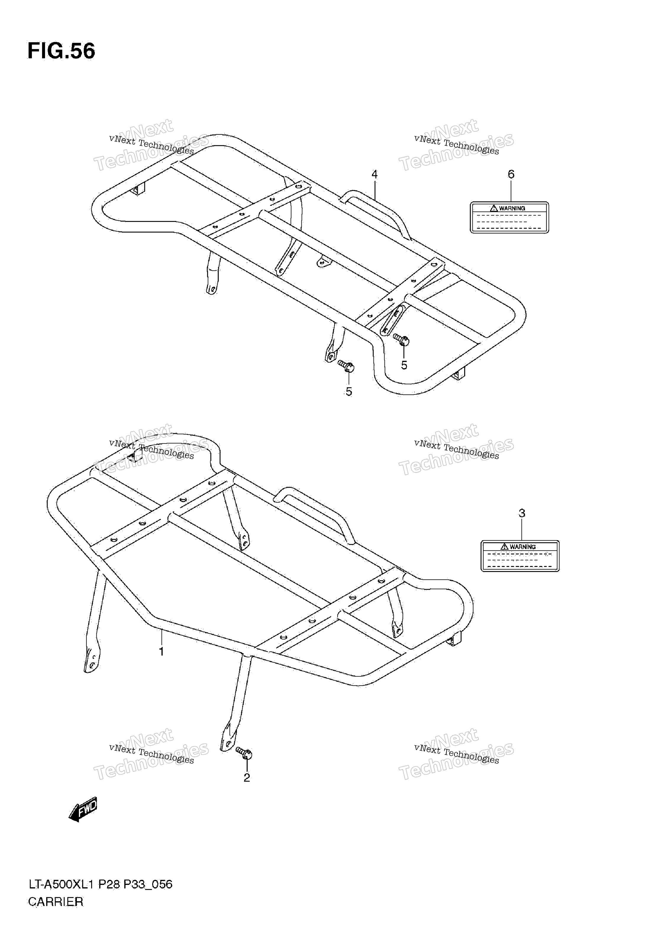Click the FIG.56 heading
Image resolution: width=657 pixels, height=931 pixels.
pyautogui.click(x=61, y=51)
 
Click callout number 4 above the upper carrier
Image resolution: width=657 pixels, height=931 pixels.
pyautogui.click(x=374, y=174)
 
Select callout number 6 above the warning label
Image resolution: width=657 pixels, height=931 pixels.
pyautogui.click(x=511, y=174)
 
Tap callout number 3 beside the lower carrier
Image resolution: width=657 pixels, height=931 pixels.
pyautogui.click(x=522, y=513)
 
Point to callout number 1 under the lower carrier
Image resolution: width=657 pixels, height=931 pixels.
pyautogui.click(x=161, y=652)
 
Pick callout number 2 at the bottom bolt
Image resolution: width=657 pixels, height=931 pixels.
pyautogui.click(x=247, y=778)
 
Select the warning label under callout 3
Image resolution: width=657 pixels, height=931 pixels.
pyautogui.click(x=520, y=556)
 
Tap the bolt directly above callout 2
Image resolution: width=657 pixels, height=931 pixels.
pyautogui.click(x=244, y=753)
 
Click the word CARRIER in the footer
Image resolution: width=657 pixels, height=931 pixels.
pyautogui.click(x=56, y=890)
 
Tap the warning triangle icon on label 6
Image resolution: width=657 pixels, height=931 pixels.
pyautogui.click(x=494, y=208)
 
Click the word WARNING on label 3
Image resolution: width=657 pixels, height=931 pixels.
pyautogui.click(x=523, y=547)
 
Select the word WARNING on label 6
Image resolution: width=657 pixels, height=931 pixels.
pyautogui.click(x=512, y=208)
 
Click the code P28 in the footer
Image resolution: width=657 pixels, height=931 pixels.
pyautogui.click(x=110, y=873)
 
